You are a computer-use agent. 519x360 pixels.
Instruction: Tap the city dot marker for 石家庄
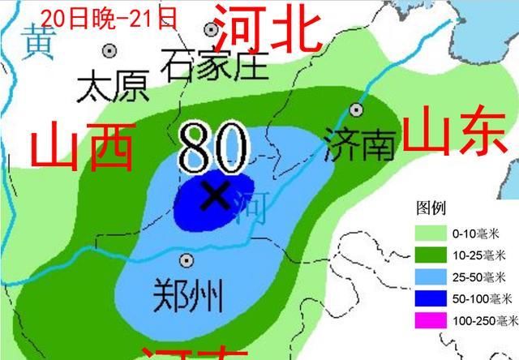(212, 30)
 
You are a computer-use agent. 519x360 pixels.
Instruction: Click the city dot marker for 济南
(355, 109)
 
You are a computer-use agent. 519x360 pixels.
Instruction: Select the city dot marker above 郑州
(187, 260)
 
